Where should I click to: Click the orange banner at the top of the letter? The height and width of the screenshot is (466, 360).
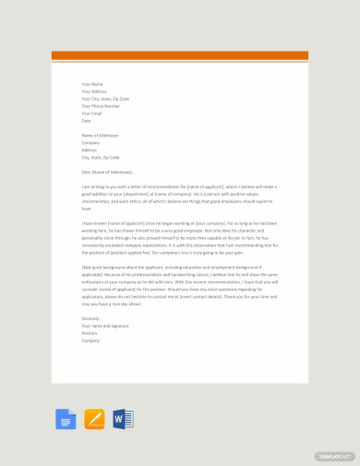point(179,56)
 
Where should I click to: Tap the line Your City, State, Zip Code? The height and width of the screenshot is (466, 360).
point(105,99)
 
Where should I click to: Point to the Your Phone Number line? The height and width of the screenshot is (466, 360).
point(101,106)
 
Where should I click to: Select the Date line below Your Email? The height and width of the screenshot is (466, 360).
point(86,121)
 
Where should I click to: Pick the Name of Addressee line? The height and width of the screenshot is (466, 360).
point(100,136)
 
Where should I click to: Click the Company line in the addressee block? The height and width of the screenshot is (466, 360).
point(90,143)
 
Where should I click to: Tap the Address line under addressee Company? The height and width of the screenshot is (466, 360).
point(90,150)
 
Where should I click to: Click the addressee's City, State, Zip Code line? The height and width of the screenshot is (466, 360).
point(101,158)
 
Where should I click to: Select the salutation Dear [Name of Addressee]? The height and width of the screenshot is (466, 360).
point(107,173)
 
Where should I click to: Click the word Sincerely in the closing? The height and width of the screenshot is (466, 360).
point(91,318)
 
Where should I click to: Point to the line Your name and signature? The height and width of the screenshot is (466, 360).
point(104,326)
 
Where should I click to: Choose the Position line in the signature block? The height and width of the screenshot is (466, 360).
point(90,333)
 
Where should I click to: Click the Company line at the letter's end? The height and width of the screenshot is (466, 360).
point(90,341)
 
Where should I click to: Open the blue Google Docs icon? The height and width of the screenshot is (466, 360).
point(66,420)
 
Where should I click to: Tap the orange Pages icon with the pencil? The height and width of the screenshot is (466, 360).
point(94,420)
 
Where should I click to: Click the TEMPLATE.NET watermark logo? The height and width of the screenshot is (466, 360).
point(334,456)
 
